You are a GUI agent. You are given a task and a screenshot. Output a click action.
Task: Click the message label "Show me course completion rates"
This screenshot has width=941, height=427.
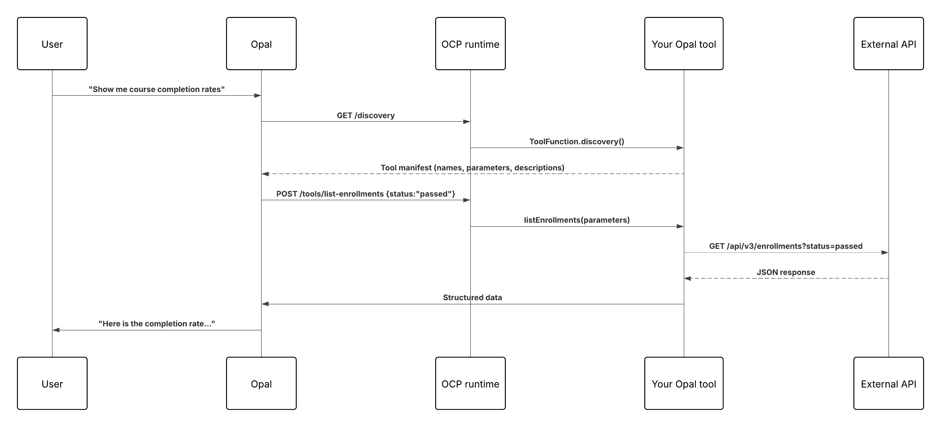[156, 89]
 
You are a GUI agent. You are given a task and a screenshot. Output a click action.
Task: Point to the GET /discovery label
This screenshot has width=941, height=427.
[366, 115]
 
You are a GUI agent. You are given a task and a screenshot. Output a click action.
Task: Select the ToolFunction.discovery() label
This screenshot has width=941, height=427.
[576, 142]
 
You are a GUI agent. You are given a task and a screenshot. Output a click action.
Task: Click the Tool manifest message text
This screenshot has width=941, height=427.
[472, 168]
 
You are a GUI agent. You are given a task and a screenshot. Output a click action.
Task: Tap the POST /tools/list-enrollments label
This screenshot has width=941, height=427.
[366, 194]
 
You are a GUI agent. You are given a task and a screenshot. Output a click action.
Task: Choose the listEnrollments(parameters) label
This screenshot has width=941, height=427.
[576, 220]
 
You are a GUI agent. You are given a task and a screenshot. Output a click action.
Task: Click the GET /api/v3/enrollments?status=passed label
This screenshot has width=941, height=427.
[786, 246]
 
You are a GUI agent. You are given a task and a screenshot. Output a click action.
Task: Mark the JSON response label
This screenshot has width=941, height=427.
[786, 272]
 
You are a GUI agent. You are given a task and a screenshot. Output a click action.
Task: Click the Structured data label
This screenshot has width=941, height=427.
[472, 297]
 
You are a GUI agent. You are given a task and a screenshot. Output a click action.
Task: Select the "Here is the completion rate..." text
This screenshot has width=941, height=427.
[156, 324]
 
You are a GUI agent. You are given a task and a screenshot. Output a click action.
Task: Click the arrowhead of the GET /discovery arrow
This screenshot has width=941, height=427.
[467, 122]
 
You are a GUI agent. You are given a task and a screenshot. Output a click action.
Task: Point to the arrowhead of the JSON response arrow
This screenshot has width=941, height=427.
[688, 278]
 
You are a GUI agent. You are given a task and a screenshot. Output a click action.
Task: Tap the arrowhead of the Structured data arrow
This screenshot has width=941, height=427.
[265, 304]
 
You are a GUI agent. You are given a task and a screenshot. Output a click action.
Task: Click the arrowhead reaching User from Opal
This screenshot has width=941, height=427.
[56, 330]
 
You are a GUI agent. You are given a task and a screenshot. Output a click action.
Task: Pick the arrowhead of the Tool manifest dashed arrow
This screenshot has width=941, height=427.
[265, 174]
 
